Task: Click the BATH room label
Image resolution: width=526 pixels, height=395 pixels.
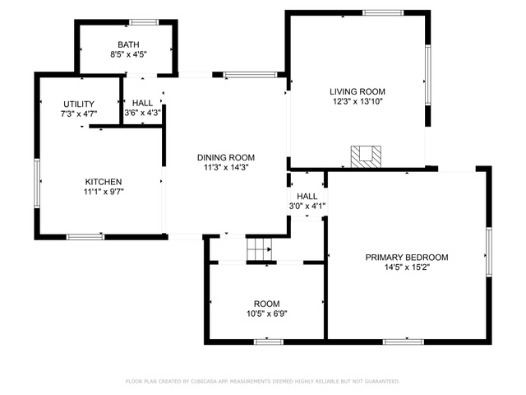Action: (x=128, y=44)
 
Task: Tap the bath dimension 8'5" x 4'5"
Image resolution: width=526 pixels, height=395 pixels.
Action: (x=129, y=54)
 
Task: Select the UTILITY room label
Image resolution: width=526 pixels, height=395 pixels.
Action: (x=79, y=105)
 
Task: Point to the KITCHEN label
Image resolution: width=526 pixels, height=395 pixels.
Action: (x=104, y=182)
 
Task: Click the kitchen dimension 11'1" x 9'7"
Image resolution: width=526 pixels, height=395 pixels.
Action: (x=104, y=192)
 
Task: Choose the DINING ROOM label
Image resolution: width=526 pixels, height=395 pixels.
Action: (x=226, y=157)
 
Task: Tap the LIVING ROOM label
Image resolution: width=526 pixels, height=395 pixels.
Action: (x=358, y=91)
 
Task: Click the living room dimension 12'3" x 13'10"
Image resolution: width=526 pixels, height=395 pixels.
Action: (x=358, y=101)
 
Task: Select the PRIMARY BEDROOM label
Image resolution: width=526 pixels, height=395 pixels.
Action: (x=407, y=258)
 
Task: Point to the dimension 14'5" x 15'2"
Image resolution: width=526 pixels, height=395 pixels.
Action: (x=407, y=267)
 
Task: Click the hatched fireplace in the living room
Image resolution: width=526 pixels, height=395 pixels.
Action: (x=366, y=156)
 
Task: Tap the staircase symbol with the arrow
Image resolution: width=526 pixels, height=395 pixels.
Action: (x=259, y=249)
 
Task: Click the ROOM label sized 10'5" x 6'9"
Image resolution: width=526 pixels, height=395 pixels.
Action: (x=266, y=304)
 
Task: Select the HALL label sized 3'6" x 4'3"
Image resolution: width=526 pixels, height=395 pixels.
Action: (x=142, y=103)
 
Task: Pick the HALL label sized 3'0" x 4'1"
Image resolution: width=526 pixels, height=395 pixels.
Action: (x=307, y=196)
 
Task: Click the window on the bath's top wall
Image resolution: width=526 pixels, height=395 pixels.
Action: (x=144, y=22)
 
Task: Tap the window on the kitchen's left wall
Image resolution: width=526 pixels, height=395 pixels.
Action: (x=37, y=183)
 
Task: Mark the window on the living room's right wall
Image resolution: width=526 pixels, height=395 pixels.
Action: (x=427, y=75)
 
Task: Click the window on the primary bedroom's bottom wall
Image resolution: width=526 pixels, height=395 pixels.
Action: (x=404, y=342)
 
